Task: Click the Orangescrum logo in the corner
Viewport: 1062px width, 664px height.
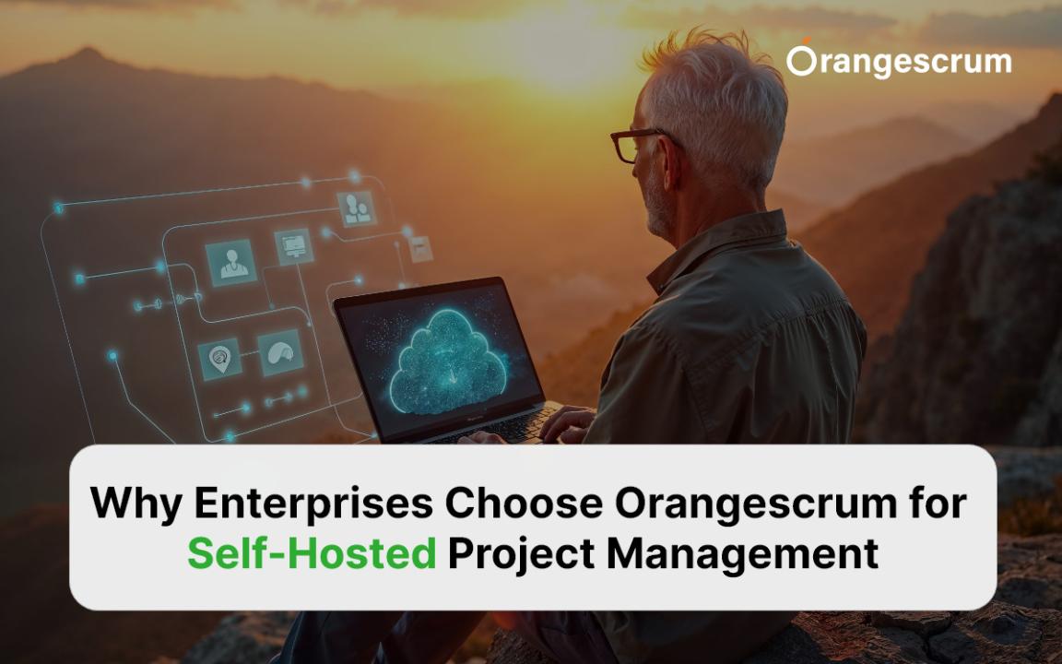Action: pyautogui.click(x=899, y=60)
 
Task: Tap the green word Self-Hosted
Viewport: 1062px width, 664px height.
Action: pyautogui.click(x=312, y=553)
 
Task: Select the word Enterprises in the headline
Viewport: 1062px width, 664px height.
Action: pyautogui.click(x=313, y=503)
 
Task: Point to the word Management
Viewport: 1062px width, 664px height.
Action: pyautogui.click(x=742, y=553)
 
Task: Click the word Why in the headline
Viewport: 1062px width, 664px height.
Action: pyautogui.click(x=136, y=503)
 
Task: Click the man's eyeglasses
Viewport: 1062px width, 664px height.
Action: pyautogui.click(x=640, y=144)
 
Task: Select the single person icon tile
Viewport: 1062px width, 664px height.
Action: pyautogui.click(x=231, y=263)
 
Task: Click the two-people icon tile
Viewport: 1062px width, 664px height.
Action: pyautogui.click(x=356, y=208)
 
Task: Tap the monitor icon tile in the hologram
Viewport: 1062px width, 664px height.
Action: pyautogui.click(x=294, y=246)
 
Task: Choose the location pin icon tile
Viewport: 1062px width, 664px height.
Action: pyautogui.click(x=219, y=359)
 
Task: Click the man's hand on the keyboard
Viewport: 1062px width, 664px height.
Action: pyautogui.click(x=568, y=422)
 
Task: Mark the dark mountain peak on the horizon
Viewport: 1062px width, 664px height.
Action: pyautogui.click(x=86, y=55)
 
